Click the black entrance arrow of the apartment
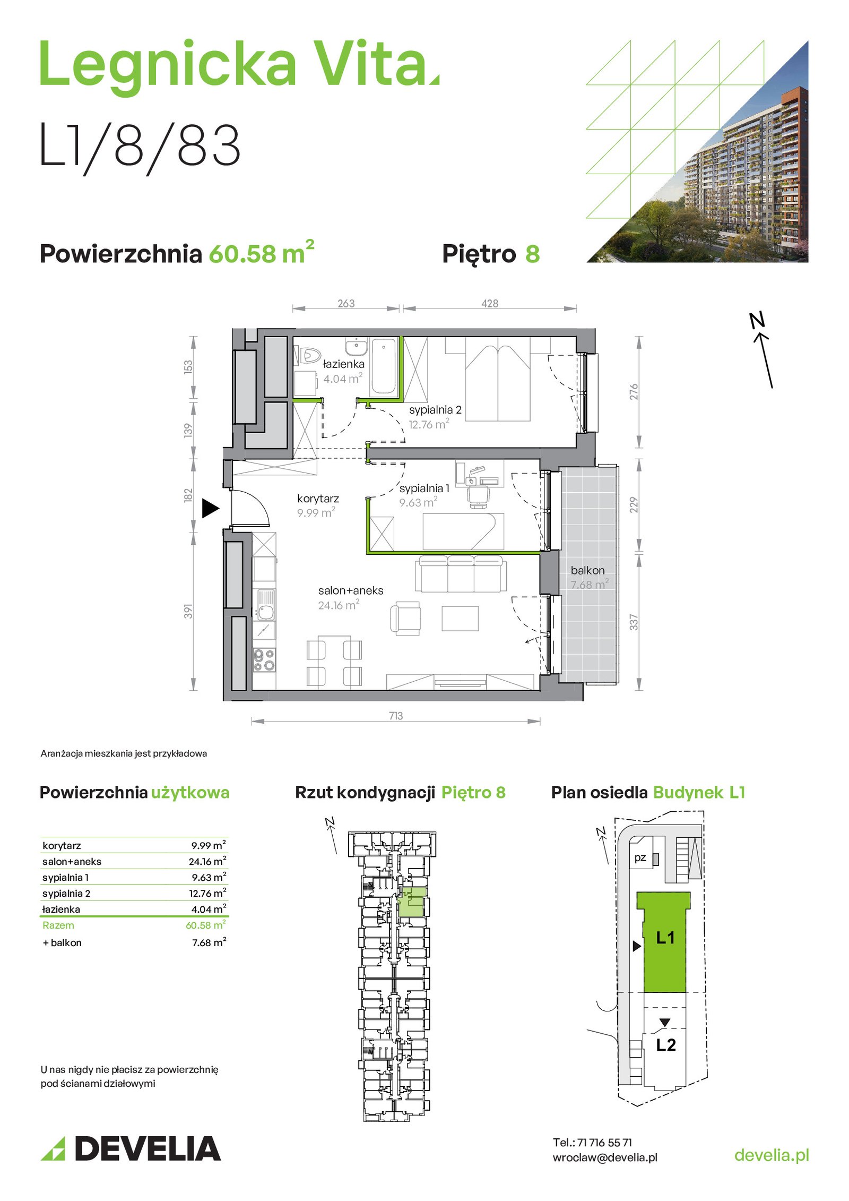[210, 508]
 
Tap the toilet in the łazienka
[309, 355]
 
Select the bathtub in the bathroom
[384, 366]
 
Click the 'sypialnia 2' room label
[435, 410]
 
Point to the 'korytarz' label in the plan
[318, 499]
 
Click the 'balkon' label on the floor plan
[587, 570]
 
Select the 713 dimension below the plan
[396, 716]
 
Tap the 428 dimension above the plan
[490, 303]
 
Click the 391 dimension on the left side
[188, 611]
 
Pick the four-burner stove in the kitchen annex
[264, 660]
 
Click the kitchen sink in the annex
[265, 604]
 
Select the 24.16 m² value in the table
[207, 862]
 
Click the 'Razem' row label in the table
[58, 925]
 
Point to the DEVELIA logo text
[148, 1148]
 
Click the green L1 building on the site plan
[664, 941]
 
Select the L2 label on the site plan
[666, 1045]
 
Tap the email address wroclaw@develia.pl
[605, 1157]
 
